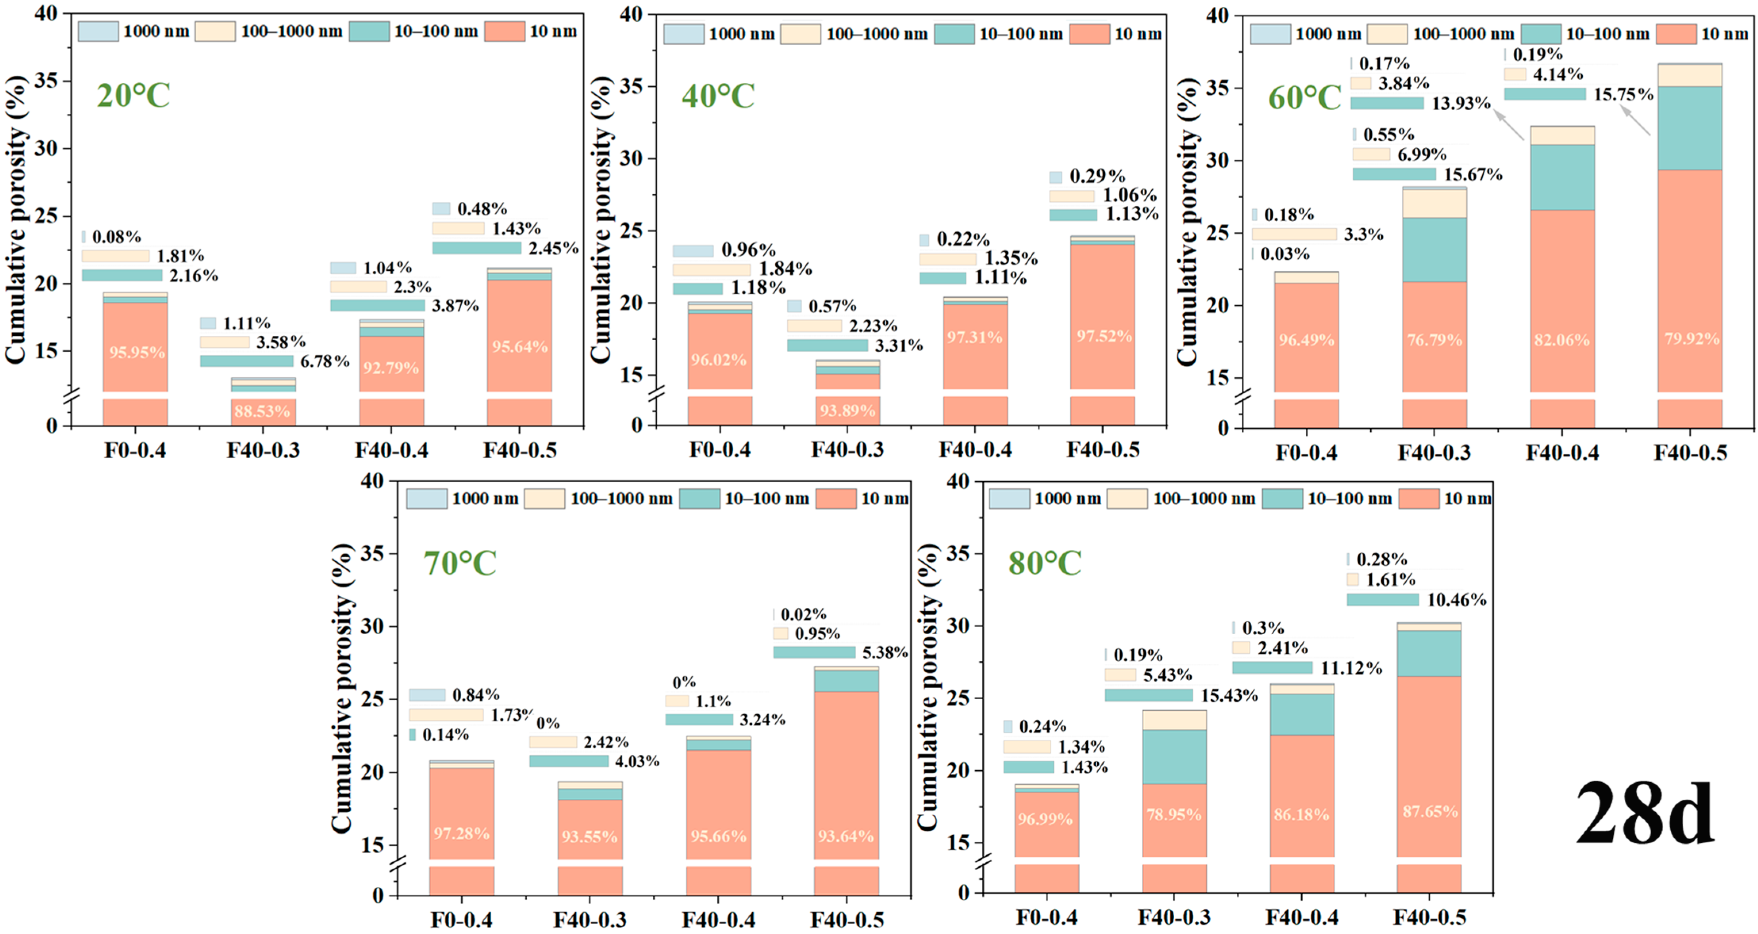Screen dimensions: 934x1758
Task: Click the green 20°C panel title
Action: [x=133, y=95]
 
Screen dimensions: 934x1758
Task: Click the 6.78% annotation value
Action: [x=325, y=362]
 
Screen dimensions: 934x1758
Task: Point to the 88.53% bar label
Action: [x=263, y=411]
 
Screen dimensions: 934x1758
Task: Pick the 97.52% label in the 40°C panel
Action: [x=1104, y=336]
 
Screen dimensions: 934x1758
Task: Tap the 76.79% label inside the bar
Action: [x=1434, y=340]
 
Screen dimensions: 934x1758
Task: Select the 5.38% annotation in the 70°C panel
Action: [x=884, y=653]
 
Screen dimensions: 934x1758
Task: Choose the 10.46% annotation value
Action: [x=1456, y=600]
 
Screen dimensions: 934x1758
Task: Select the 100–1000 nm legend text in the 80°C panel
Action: [x=1204, y=499]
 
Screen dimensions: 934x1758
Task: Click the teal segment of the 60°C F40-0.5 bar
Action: [x=1690, y=128]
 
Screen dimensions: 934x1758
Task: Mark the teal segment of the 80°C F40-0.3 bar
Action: [x=1174, y=757]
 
